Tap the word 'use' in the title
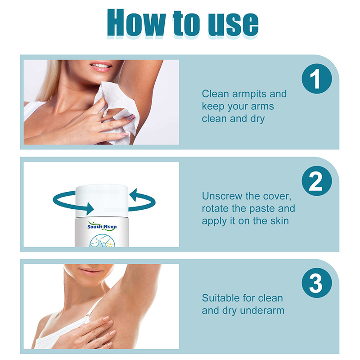[233, 25]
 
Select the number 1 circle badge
[317, 78]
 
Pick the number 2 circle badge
[317, 181]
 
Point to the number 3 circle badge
[317, 283]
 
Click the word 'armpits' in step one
[249, 94]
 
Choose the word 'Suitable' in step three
[221, 298]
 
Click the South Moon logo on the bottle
[102, 226]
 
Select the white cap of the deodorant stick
[102, 201]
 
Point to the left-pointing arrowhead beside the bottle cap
[134, 195]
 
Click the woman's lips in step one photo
[100, 66]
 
